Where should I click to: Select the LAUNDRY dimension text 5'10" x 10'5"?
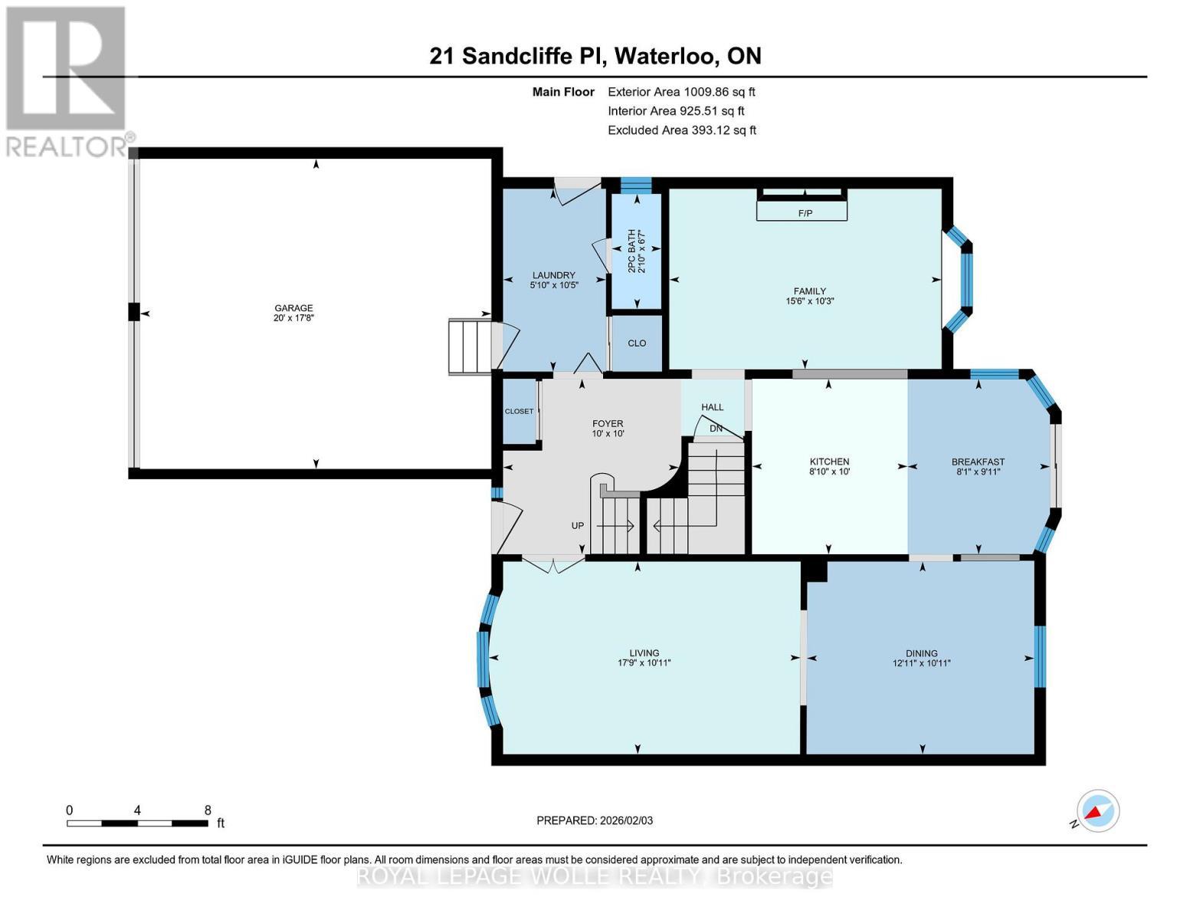(554, 285)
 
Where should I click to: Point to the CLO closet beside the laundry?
(637, 343)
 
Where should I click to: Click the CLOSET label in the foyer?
(519, 412)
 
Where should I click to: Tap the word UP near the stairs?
(578, 526)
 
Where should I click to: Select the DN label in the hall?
(716, 429)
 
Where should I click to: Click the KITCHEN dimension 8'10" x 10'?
(829, 472)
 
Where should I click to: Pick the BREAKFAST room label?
(978, 462)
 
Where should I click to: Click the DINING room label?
(921, 653)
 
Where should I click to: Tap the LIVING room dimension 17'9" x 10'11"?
(644, 663)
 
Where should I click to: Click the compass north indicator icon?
(1097, 811)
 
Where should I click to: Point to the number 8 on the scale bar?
(208, 810)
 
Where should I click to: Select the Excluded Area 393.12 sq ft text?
(681, 130)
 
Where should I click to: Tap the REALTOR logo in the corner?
(67, 80)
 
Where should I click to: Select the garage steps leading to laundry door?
(469, 347)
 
